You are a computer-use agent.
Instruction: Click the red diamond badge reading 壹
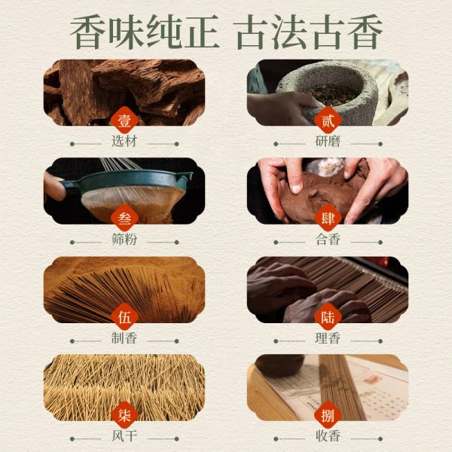tap(124, 120)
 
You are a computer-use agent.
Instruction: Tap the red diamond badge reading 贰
tap(328, 120)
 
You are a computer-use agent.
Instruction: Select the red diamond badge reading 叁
tap(124, 218)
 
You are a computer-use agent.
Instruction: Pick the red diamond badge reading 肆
tap(328, 218)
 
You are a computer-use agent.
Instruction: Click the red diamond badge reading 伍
tap(124, 317)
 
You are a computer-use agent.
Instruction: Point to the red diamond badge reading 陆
tap(328, 317)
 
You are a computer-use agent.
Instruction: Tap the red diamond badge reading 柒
tap(124, 415)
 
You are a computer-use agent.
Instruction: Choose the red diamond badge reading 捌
tap(328, 415)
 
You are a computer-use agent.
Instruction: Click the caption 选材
tap(124, 142)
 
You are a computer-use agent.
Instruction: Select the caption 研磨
tap(328, 142)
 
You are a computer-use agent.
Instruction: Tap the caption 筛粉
tap(124, 240)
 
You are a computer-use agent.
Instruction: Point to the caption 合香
tap(328, 240)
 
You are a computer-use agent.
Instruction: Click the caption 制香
tap(124, 338)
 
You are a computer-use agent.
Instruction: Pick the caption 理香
tap(328, 338)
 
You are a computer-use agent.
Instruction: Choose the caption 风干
tap(124, 436)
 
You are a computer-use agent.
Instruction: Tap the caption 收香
tap(328, 436)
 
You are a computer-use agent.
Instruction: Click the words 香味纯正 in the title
tap(145, 32)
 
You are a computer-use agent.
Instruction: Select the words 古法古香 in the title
tap(307, 32)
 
